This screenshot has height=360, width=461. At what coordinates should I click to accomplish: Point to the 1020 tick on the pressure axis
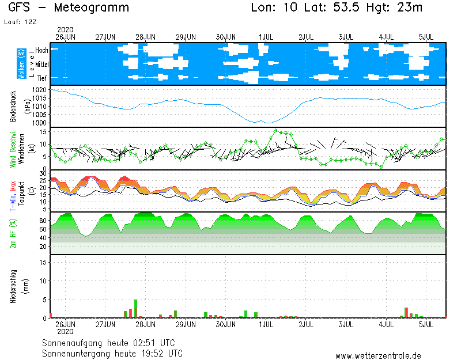(x=39, y=90)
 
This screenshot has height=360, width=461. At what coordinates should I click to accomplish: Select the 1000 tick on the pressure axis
(x=39, y=123)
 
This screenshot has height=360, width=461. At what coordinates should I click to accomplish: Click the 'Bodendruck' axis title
(x=13, y=107)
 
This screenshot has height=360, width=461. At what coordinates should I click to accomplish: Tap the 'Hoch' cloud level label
(x=41, y=51)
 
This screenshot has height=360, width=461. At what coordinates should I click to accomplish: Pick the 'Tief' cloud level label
(x=42, y=78)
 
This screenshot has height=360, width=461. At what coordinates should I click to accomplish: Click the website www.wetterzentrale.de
(x=377, y=355)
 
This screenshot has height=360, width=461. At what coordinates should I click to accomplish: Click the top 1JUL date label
(x=266, y=37)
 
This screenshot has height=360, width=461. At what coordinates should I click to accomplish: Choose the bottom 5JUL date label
(x=426, y=324)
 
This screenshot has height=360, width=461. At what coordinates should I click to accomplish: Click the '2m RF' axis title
(x=13, y=233)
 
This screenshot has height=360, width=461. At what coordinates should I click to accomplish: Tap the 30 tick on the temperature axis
(x=43, y=172)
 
